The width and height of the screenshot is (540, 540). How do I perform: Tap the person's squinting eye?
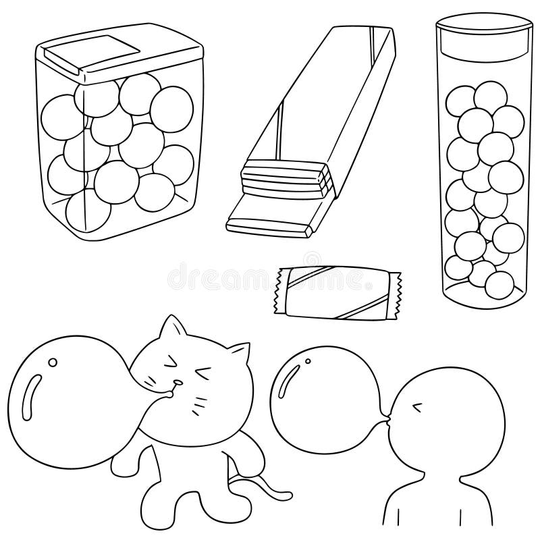point(417,406)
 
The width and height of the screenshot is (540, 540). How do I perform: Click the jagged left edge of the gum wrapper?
point(277,290)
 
